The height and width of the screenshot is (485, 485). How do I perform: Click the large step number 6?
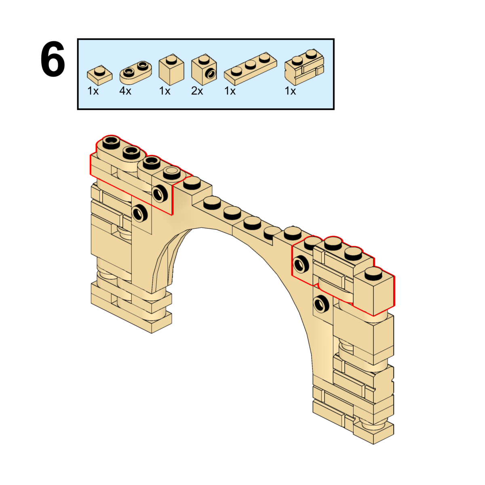click(x=53, y=60)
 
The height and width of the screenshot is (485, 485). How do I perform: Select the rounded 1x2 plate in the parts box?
click(x=135, y=72)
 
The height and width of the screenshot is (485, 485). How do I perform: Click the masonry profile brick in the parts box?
click(x=304, y=67)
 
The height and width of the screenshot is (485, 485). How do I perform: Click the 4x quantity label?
click(x=125, y=91)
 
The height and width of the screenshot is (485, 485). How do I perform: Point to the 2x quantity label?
click(x=197, y=91)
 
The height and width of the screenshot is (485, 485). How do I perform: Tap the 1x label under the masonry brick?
click(x=290, y=91)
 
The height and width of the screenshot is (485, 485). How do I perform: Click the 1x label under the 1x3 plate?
click(x=230, y=91)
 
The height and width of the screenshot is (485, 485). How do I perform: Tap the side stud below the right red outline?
click(x=321, y=304)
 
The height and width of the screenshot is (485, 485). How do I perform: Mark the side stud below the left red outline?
click(x=139, y=212)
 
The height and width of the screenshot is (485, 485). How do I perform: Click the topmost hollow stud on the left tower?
click(x=111, y=141)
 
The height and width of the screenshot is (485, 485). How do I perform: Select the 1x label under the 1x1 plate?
click(x=93, y=91)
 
